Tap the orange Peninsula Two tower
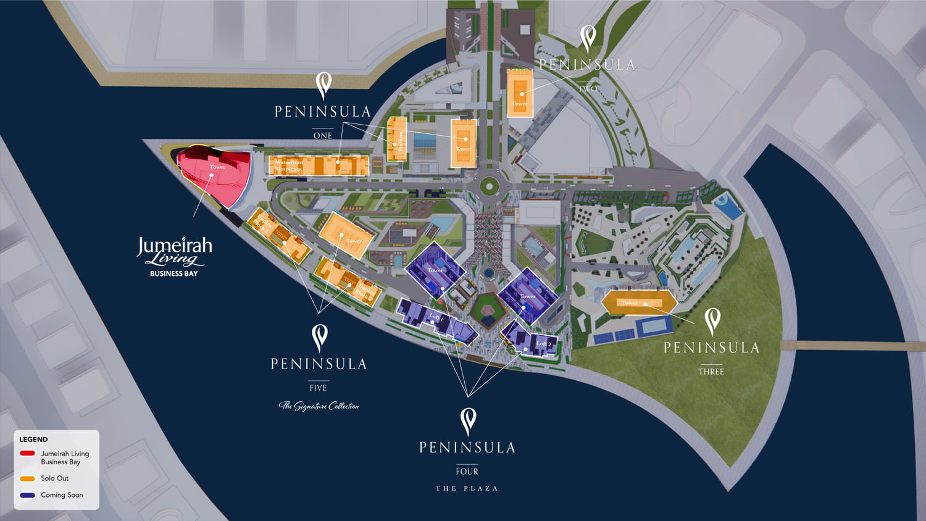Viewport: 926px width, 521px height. point(520,93)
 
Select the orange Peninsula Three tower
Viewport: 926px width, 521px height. point(638,302)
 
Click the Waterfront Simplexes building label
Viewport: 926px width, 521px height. point(289,165)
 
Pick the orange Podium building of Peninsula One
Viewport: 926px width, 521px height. point(397,139)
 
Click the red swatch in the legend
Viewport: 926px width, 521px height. point(27,453)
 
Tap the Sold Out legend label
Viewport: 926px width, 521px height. point(54,478)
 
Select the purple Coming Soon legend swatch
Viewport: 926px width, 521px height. point(27,495)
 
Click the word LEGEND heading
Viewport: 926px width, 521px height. point(33,440)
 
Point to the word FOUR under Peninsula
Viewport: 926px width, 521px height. point(467,472)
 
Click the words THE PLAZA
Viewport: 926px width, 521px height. point(467,488)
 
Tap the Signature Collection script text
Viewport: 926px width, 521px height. point(319,406)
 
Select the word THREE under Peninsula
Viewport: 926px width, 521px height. point(711,372)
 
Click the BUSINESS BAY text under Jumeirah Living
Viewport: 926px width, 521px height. point(174,273)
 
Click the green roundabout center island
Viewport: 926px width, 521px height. point(489,185)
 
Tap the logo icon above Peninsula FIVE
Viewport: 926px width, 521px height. point(319,338)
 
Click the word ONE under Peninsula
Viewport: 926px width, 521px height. point(323,136)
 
